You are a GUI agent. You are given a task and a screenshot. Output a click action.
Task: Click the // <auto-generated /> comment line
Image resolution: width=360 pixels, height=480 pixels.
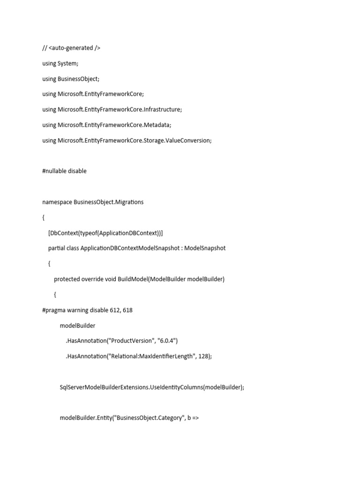coord(71,48)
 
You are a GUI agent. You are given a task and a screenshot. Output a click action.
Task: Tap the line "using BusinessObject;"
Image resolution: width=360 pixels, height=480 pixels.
coord(71,79)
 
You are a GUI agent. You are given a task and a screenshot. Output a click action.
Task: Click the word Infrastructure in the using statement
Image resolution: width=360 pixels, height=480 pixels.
coord(162,110)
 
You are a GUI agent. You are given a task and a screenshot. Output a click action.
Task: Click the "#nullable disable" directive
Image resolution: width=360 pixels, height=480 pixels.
coord(64,171)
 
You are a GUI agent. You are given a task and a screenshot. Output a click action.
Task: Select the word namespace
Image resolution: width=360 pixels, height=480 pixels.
coord(57,202)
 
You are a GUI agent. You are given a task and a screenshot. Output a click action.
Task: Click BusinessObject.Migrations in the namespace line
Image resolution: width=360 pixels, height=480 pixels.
coord(109,202)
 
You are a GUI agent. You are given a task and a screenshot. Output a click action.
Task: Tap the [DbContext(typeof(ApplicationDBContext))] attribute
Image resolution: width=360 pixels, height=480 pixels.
coord(105,233)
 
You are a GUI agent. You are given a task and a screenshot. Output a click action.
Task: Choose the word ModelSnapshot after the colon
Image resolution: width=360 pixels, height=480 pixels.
coord(205,248)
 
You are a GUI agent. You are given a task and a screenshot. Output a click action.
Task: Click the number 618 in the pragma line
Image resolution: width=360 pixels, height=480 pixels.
coord(127,310)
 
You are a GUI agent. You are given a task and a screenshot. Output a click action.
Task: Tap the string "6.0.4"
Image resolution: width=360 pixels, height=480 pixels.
coord(165,341)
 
